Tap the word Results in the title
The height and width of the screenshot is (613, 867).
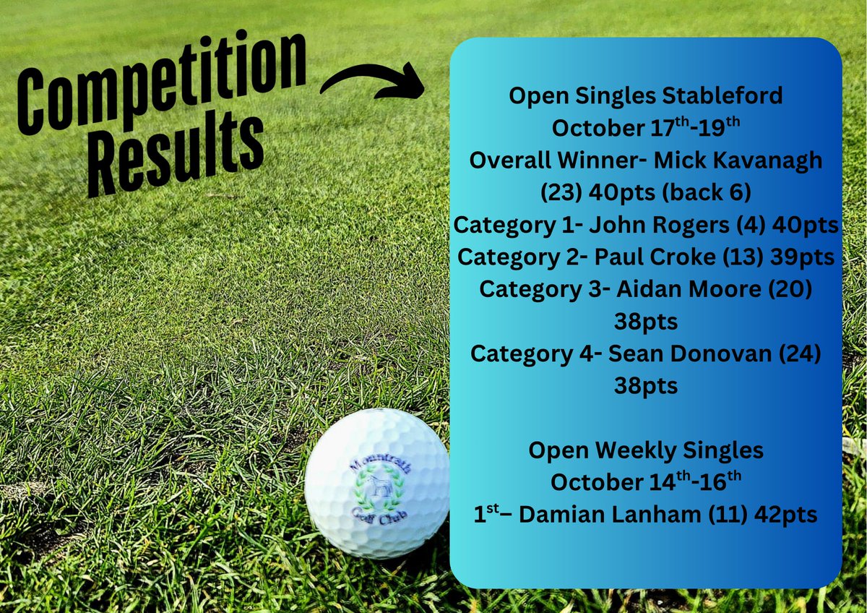(173, 155)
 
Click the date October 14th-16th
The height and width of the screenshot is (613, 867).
(645, 481)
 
